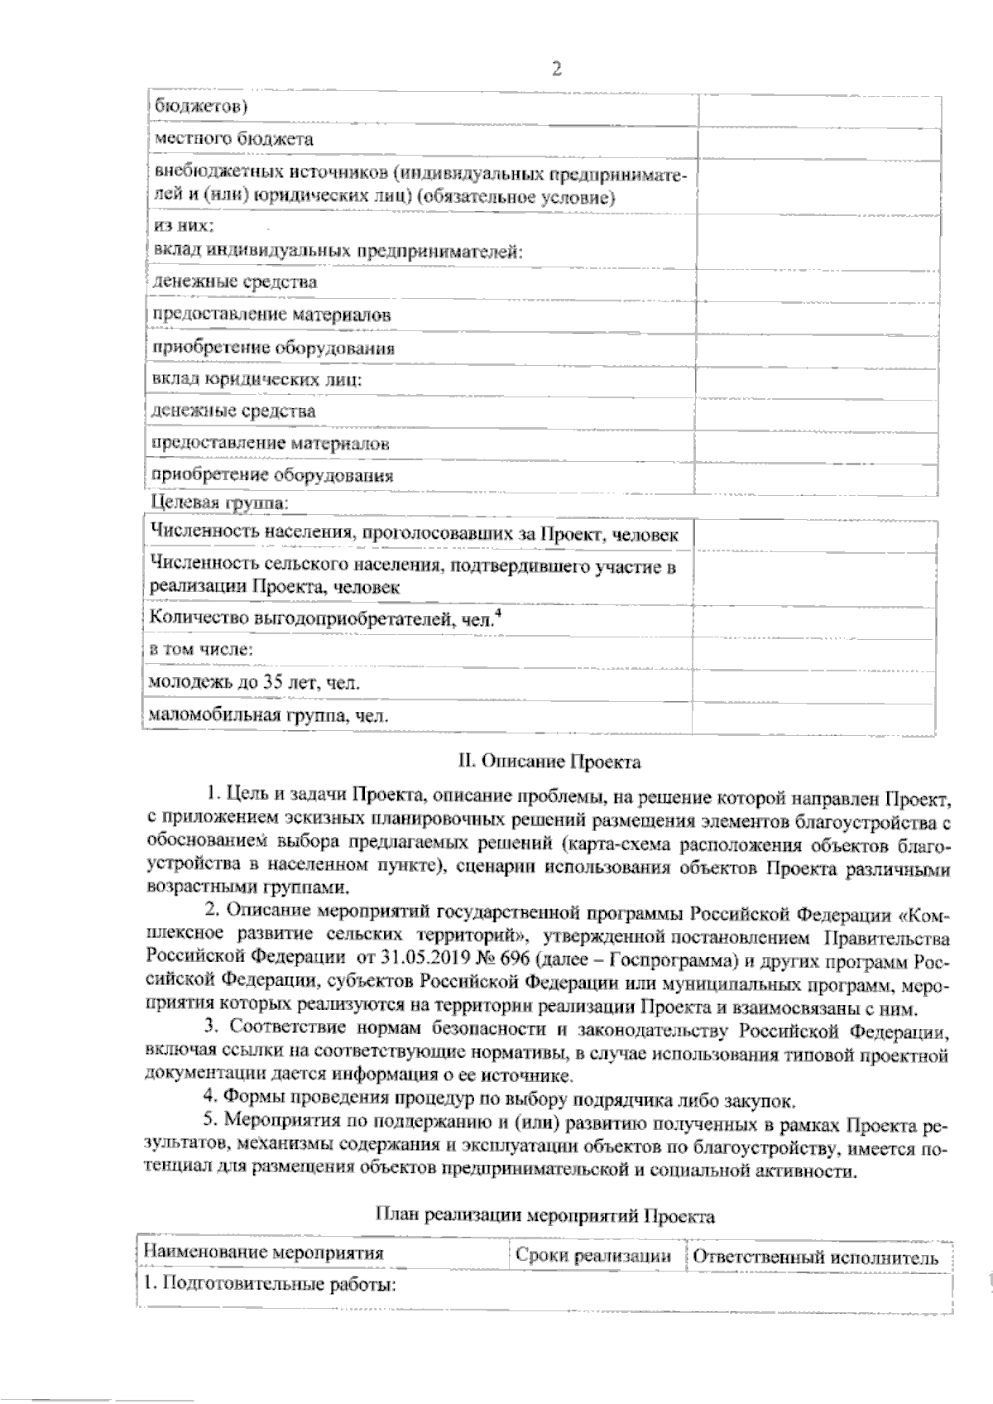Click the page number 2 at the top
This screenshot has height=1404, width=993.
coord(556,70)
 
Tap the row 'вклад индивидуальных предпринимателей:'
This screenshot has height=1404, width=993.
coord(338,250)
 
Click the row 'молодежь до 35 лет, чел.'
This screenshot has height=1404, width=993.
coord(253,683)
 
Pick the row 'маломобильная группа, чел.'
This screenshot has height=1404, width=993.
coord(269,716)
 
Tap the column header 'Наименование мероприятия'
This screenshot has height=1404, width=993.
coord(264,1253)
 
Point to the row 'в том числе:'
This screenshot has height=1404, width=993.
coord(201,650)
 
